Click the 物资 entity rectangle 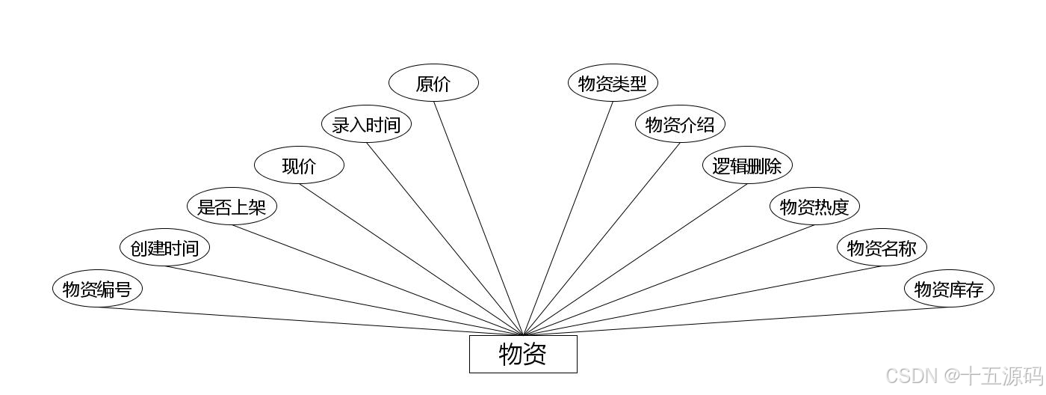pyautogui.click(x=523, y=354)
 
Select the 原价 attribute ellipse pyautogui.click(x=433, y=84)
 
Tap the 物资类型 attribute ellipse pyautogui.click(x=613, y=84)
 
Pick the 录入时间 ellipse pyautogui.click(x=366, y=125)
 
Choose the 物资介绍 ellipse pyautogui.click(x=680, y=125)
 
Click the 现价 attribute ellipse pyautogui.click(x=299, y=166)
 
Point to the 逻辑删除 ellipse pyautogui.click(x=747, y=166)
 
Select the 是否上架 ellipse pyautogui.click(x=232, y=207)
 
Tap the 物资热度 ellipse pyautogui.click(x=814, y=207)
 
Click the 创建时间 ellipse pyautogui.click(x=164, y=248)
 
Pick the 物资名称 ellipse pyautogui.click(x=882, y=248)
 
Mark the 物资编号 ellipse pyautogui.click(x=97, y=290)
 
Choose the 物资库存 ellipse pyautogui.click(x=949, y=290)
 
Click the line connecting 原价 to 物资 pyautogui.click(x=478, y=218)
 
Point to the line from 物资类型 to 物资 pyautogui.click(x=568, y=218)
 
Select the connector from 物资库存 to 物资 pyautogui.click(x=736, y=321)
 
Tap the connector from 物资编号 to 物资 pyautogui.click(x=310, y=321)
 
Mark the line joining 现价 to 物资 pyautogui.click(x=411, y=260)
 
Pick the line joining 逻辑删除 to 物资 pyautogui.click(x=635, y=260)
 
